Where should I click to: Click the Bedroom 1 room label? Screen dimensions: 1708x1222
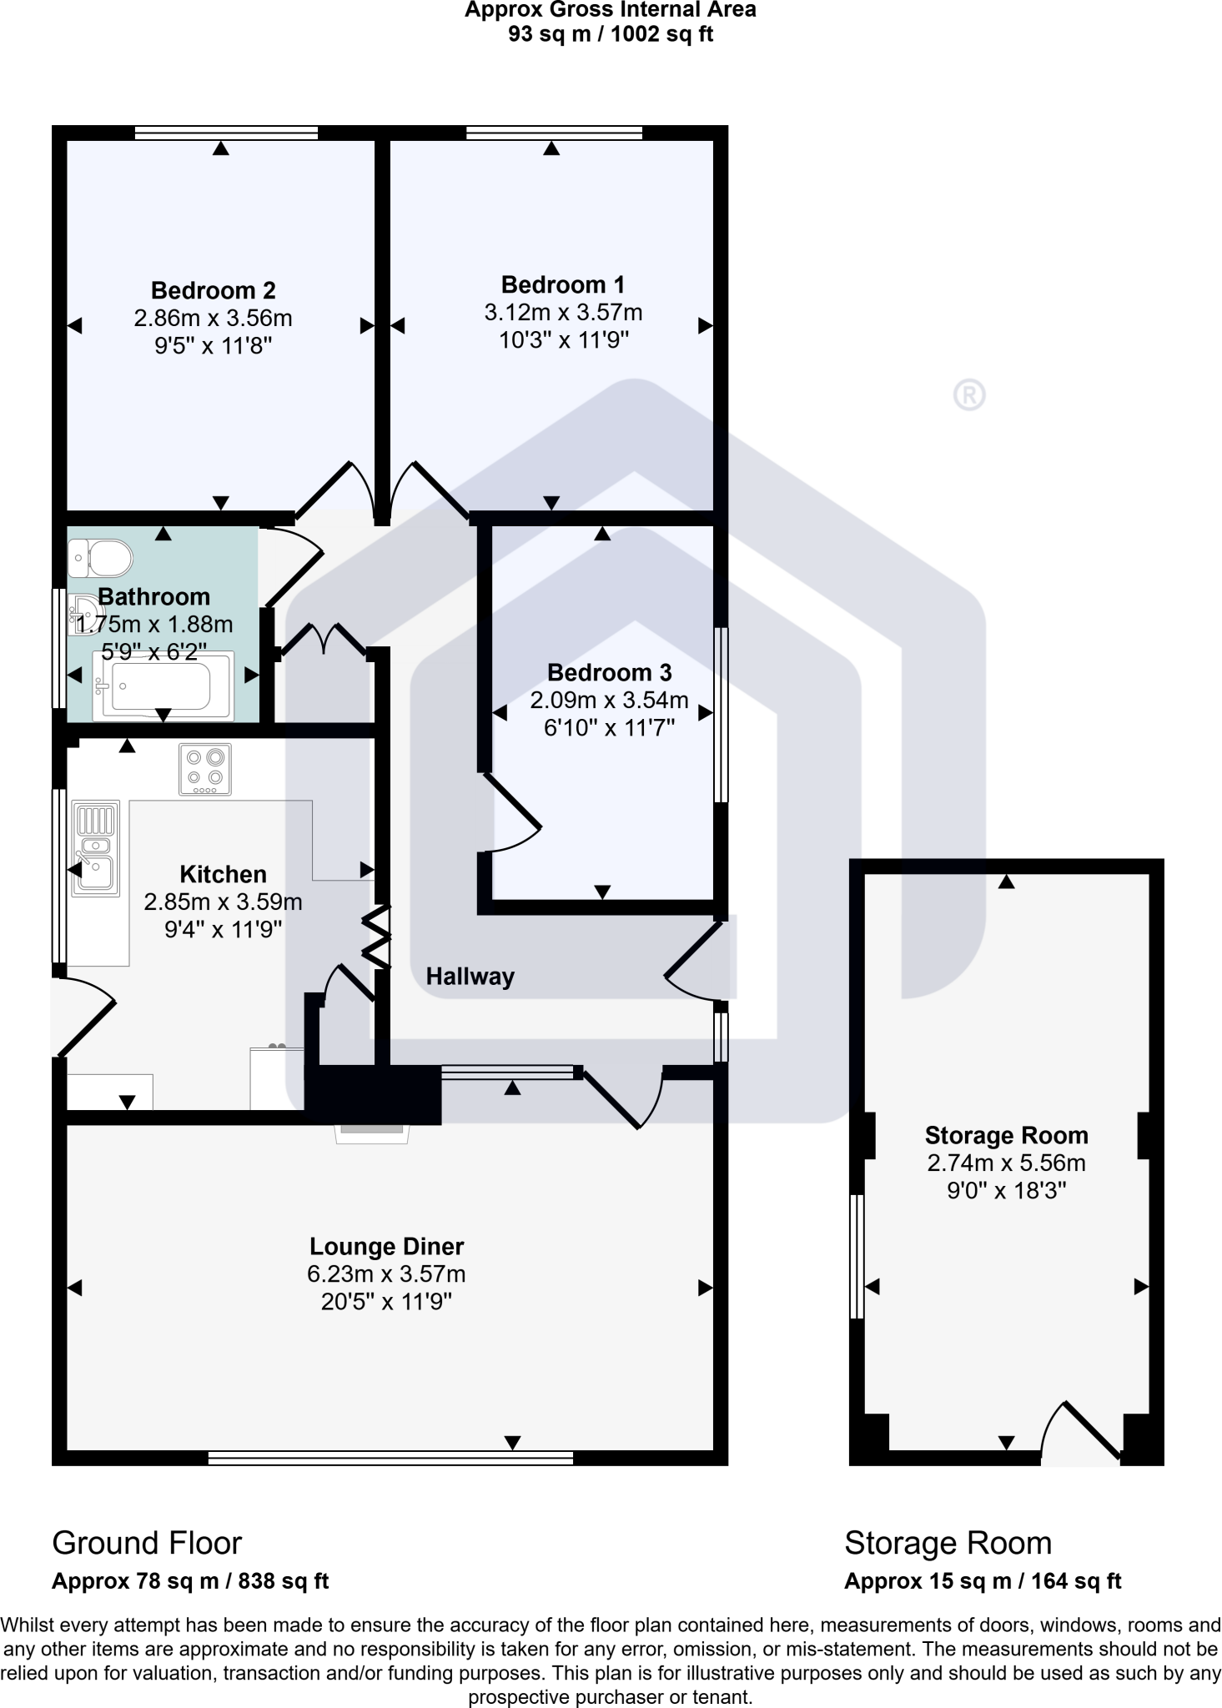[x=562, y=285]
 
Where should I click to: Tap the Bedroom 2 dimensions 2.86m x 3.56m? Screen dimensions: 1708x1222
[x=213, y=319]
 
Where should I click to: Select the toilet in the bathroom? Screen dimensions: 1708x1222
[x=101, y=558]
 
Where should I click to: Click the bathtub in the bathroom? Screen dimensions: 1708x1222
[x=163, y=686]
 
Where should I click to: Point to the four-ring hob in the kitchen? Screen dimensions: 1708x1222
[x=205, y=769]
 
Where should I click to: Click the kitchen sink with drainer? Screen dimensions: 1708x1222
[x=95, y=848]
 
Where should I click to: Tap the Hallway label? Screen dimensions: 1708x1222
[x=470, y=977]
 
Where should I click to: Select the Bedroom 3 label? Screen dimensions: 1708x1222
[x=609, y=673]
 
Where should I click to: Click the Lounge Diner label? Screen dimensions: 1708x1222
[x=386, y=1247]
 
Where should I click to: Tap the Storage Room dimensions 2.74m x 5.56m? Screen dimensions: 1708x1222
[x=1006, y=1163]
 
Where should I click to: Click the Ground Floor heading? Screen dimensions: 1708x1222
[x=147, y=1544]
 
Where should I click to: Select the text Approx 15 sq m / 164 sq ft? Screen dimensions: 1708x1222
[x=983, y=1581]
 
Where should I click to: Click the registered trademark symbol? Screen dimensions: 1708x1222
[x=968, y=395]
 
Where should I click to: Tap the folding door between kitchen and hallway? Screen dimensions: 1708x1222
[x=377, y=938]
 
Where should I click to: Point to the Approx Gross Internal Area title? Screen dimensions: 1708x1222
[x=611, y=11]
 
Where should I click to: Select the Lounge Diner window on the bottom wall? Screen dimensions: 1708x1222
[x=390, y=1458]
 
